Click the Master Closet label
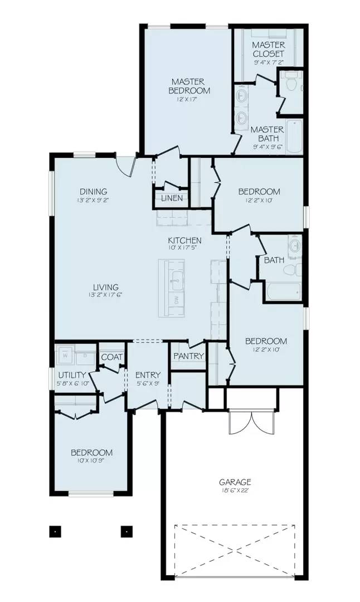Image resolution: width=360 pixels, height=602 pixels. (268, 49)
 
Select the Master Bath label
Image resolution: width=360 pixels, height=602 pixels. (267, 133)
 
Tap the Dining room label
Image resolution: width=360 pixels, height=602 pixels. (93, 192)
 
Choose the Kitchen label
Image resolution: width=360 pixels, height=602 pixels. (185, 241)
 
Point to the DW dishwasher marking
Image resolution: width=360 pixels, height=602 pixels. (177, 300)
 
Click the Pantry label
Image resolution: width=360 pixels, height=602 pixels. (188, 356)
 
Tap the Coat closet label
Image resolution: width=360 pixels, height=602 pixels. (111, 357)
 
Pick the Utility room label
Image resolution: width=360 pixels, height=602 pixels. (72, 375)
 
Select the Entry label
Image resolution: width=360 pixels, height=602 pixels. (148, 375)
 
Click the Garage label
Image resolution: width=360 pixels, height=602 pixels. (235, 482)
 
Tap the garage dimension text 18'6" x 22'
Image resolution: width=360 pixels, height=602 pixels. (235, 491)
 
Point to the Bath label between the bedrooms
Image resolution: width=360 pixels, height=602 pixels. (274, 260)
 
